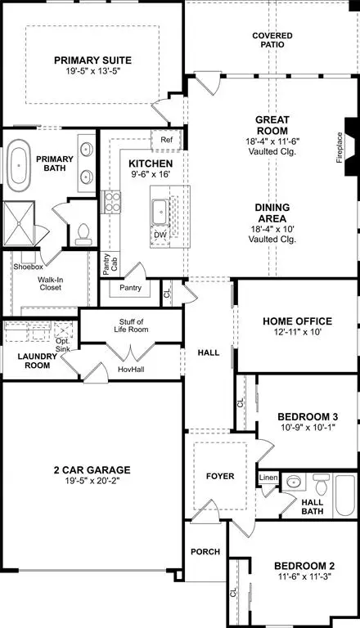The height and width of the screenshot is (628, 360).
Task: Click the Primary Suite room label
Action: (x=93, y=60)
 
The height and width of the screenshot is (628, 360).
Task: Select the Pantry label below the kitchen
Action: (x=130, y=288)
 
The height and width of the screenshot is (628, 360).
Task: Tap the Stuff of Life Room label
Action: (x=129, y=325)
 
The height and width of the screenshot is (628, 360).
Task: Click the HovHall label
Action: (x=130, y=368)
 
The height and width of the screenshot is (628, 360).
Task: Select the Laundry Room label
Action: (x=36, y=361)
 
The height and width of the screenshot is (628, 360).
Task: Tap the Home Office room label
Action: (x=296, y=321)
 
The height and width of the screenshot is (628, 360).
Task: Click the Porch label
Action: (x=205, y=552)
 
